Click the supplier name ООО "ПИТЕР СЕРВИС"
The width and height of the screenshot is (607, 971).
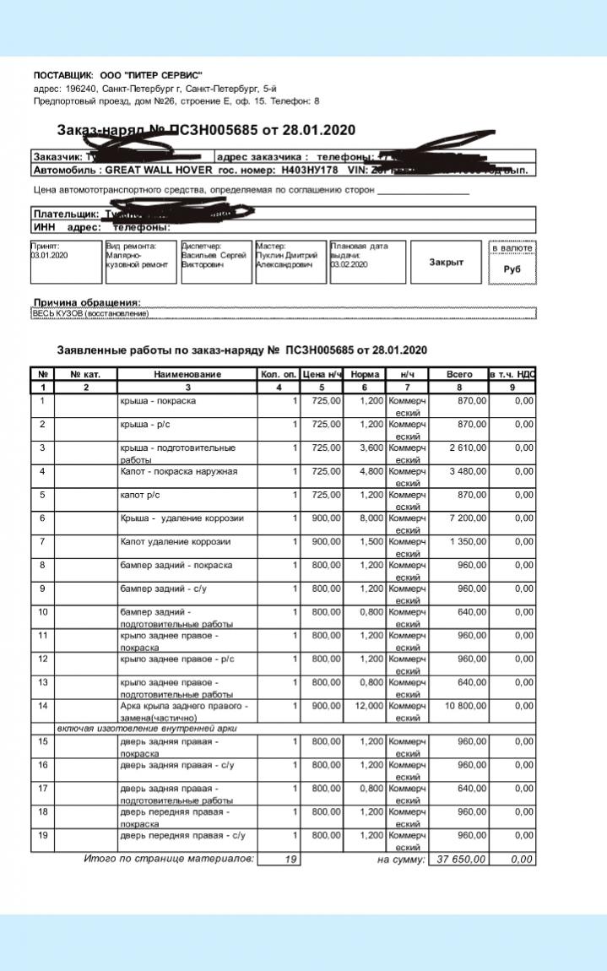coord(151,75)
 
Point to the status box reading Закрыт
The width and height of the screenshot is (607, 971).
coord(446,262)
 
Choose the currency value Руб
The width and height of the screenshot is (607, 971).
coord(512,269)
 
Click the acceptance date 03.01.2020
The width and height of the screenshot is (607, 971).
coord(49,254)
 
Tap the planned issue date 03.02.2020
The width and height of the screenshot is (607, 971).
coord(350,264)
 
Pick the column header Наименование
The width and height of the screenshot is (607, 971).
coord(187,374)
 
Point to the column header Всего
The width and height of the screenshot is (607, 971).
coord(459,374)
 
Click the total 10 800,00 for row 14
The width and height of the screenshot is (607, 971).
coord(460,705)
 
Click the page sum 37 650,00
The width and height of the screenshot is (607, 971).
coord(458,860)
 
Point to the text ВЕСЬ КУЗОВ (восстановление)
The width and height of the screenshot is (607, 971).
coord(90,314)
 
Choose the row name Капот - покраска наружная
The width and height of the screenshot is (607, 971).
coord(178,470)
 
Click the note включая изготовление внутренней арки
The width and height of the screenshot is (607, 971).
coord(145,728)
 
